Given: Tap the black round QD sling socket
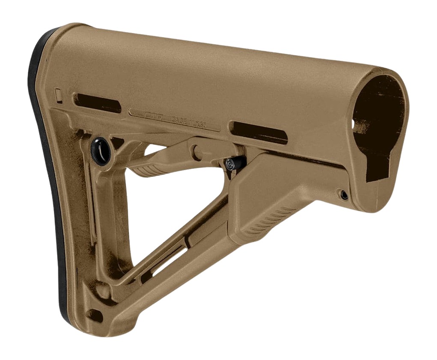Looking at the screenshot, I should pos(101,151).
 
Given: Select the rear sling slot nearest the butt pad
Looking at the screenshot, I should pos(97,103).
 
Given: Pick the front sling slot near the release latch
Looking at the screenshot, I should pos(259,133).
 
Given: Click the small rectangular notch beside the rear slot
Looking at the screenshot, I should pos(59,95).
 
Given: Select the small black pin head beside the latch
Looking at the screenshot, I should pos(231,163).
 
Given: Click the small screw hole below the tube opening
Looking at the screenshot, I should pos(344,195).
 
